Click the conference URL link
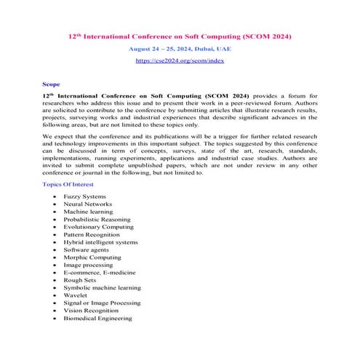click(x=180, y=61)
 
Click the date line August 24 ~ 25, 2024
click(x=180, y=47)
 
